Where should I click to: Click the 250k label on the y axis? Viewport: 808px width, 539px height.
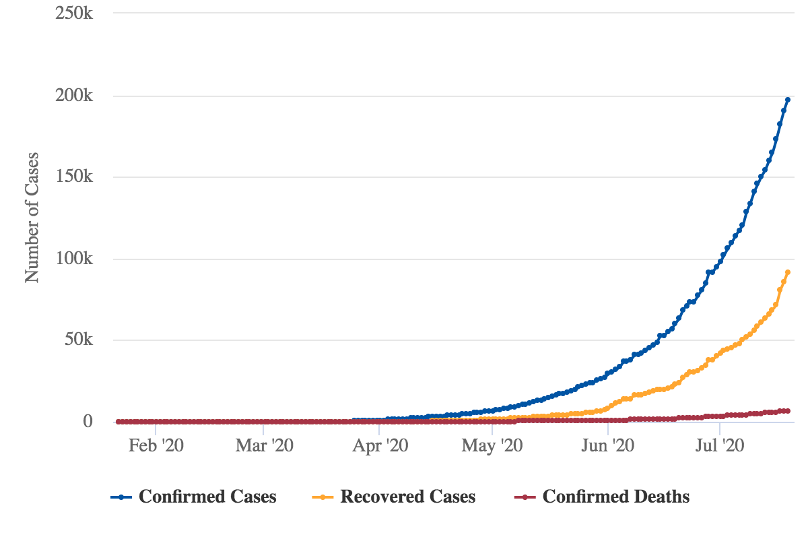(x=73, y=13)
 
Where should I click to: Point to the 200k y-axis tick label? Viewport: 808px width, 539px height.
(x=73, y=96)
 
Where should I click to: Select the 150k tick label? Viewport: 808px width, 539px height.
(x=73, y=177)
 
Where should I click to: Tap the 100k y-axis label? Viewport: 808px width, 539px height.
(x=73, y=259)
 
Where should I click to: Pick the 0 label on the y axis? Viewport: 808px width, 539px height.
(x=88, y=422)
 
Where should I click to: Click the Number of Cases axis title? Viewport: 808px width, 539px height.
(x=32, y=217)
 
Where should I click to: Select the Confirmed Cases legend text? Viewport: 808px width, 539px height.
(x=207, y=497)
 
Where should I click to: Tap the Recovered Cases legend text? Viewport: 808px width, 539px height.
(x=408, y=497)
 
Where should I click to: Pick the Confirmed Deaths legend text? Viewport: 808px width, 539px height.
(x=616, y=497)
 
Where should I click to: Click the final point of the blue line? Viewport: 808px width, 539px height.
(x=788, y=100)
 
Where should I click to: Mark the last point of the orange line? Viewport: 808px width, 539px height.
(x=788, y=272)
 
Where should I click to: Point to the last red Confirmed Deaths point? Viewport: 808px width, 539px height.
(x=788, y=410)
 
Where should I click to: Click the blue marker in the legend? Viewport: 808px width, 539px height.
(x=121, y=497)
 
